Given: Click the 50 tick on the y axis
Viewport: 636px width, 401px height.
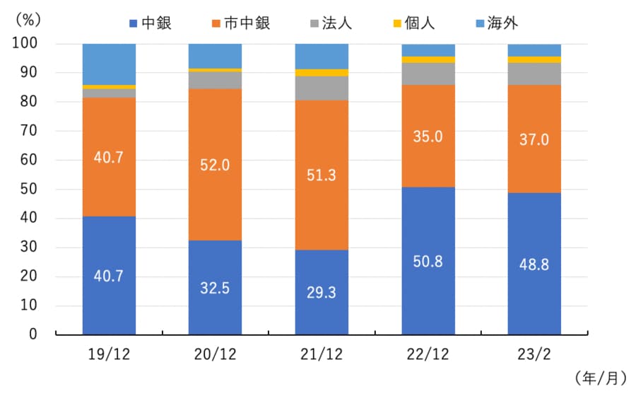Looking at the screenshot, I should point(30,190).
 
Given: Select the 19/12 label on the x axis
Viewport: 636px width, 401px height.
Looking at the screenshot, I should point(109,352).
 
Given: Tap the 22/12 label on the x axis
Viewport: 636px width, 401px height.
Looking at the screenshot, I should point(428,352).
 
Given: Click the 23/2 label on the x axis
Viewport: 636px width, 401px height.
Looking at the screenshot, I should point(534,352).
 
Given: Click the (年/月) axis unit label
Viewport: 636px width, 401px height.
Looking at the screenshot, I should point(601,378).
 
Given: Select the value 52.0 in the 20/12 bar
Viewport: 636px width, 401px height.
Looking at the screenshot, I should point(215,164).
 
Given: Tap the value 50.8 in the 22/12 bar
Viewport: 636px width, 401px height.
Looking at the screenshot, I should point(428,261).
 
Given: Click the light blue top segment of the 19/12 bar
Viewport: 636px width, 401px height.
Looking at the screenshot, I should point(109,64).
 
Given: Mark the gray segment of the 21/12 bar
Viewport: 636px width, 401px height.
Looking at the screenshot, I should point(322,88).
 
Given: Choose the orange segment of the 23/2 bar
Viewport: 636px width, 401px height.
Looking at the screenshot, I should point(534,139).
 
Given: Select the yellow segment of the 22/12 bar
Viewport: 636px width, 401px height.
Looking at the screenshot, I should point(428,59).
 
